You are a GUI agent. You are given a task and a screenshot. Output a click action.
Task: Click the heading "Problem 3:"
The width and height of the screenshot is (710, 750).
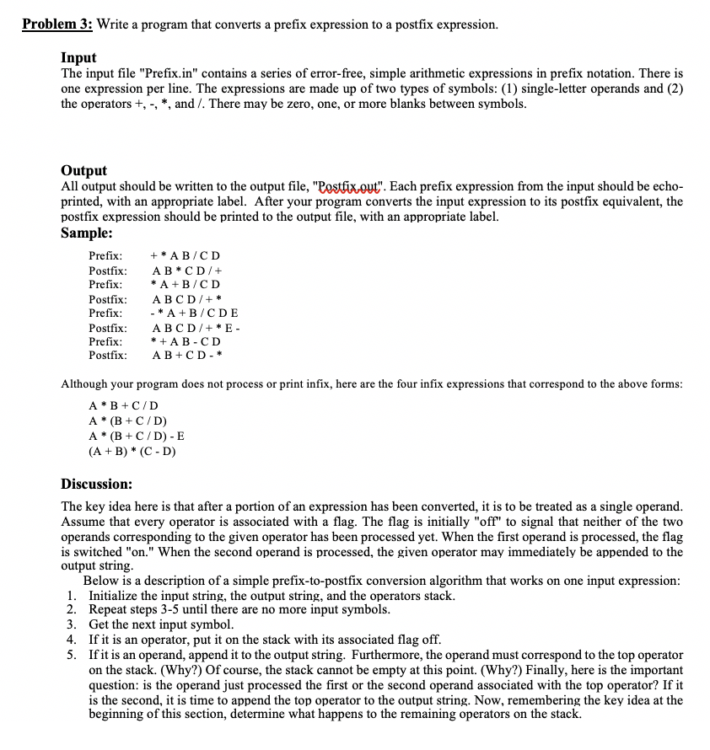coord(57,24)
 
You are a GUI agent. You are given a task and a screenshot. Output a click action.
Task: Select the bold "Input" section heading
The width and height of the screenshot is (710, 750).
coord(78,58)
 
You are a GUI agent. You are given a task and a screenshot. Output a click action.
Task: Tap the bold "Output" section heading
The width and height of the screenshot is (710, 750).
coord(84,170)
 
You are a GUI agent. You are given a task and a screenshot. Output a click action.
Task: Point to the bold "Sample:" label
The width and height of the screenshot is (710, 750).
coord(87,233)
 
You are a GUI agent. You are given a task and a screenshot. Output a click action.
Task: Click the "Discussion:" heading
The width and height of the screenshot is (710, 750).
coord(97,484)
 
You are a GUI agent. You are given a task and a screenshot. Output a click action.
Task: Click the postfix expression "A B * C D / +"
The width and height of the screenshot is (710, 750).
coord(186,271)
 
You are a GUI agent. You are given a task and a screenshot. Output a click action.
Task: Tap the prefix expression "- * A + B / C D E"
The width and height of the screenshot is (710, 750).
coord(193,313)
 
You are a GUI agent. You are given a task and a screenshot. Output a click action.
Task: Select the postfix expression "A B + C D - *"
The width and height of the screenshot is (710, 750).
coord(186,356)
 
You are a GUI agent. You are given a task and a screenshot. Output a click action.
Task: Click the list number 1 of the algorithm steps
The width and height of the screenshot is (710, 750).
coord(71,596)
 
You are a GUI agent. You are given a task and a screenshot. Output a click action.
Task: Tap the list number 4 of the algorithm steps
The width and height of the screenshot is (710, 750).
coord(71,640)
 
